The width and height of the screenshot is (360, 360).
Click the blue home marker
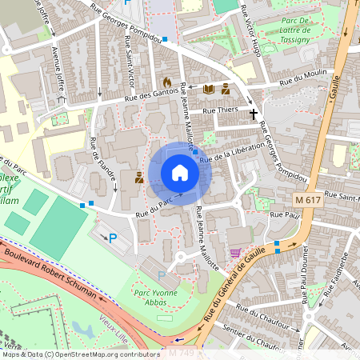180,173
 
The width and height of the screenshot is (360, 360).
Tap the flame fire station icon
166,82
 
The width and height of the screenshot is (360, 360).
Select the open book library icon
209,89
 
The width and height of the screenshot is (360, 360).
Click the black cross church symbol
254,114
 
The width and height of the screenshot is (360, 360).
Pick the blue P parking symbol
113,237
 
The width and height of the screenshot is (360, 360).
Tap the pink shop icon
235,253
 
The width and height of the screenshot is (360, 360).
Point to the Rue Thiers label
221,110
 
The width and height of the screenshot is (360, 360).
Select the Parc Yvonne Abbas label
154,298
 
